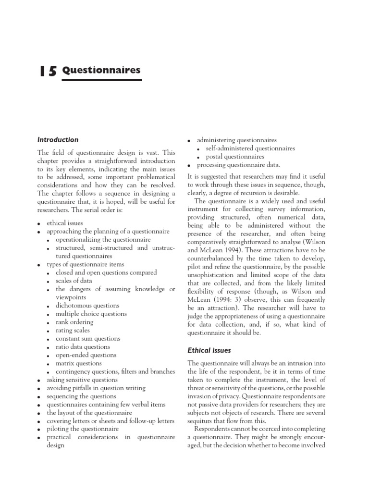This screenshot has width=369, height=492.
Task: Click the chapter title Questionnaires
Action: pos(102,70)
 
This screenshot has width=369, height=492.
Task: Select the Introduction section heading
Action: pos(58,140)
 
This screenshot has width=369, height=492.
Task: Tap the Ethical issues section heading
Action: pos(210,351)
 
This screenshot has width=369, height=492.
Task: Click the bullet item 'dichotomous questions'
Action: pos(87,306)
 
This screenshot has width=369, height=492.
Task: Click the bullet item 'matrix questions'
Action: pos(79,363)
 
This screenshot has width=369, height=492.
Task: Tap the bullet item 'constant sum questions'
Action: pos(89,338)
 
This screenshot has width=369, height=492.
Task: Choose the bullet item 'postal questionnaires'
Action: pos(235,157)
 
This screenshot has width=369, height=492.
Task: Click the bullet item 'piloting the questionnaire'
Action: pos(82,429)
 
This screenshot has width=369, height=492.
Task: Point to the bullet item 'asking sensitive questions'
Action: pos(82,380)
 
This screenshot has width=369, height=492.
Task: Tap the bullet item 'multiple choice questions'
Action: pos(91,314)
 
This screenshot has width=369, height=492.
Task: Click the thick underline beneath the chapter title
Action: pos(102,80)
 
